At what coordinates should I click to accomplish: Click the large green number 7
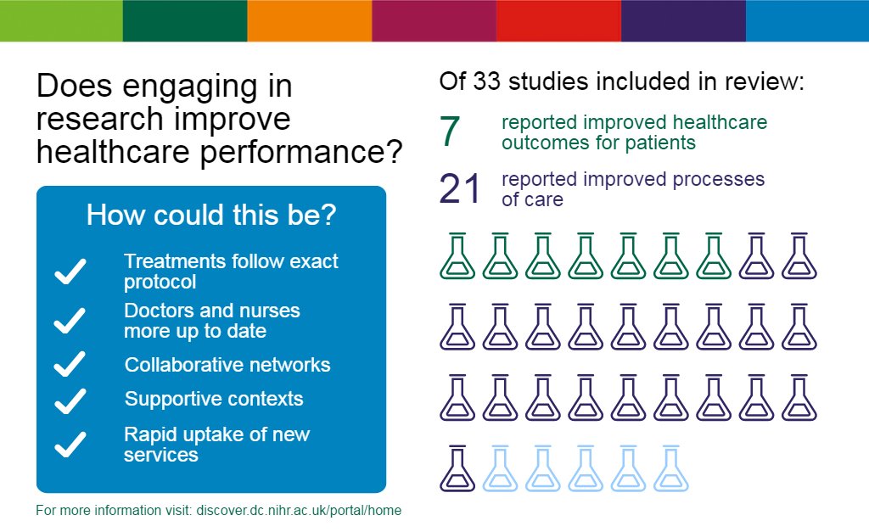coord(450,132)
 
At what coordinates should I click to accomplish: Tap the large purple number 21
coord(459,189)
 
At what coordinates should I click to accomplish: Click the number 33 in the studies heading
coord(486,81)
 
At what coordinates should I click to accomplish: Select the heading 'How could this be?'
coord(211,215)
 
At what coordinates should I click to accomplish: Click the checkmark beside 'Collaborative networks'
coord(70,364)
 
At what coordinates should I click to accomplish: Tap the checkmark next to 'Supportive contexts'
coord(70,401)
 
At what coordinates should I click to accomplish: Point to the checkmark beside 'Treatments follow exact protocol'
coord(70,272)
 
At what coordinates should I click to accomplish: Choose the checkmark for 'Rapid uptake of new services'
coord(70,445)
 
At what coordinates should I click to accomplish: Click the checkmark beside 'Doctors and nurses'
coord(70,321)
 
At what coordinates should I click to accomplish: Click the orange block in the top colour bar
coord(309,20)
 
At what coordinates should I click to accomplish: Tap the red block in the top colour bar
coord(558,20)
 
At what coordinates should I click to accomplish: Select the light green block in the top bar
coord(61,20)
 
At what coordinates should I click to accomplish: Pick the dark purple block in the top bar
coord(683,20)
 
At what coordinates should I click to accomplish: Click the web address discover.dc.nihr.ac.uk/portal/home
coord(299,511)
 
